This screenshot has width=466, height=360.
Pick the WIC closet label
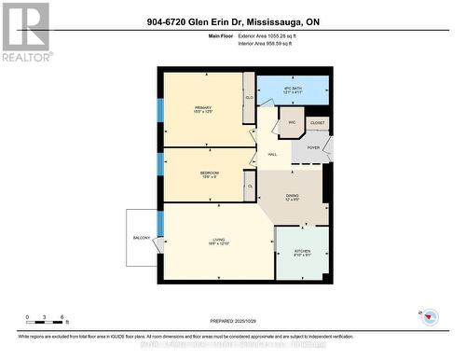[x=291, y=122]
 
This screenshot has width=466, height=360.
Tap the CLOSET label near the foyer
[x=317, y=122]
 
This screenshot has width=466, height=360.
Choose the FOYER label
[x=312, y=146]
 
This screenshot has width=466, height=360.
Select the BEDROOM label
[x=209, y=174]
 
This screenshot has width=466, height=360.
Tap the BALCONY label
[x=142, y=238]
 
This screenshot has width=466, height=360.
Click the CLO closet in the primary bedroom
[x=249, y=98]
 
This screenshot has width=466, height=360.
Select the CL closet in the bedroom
[x=249, y=187]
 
